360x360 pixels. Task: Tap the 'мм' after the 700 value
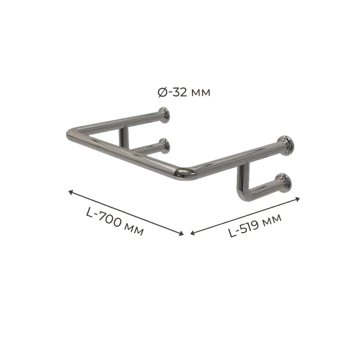(x=135, y=231)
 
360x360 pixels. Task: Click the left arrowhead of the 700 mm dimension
(x=71, y=192)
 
